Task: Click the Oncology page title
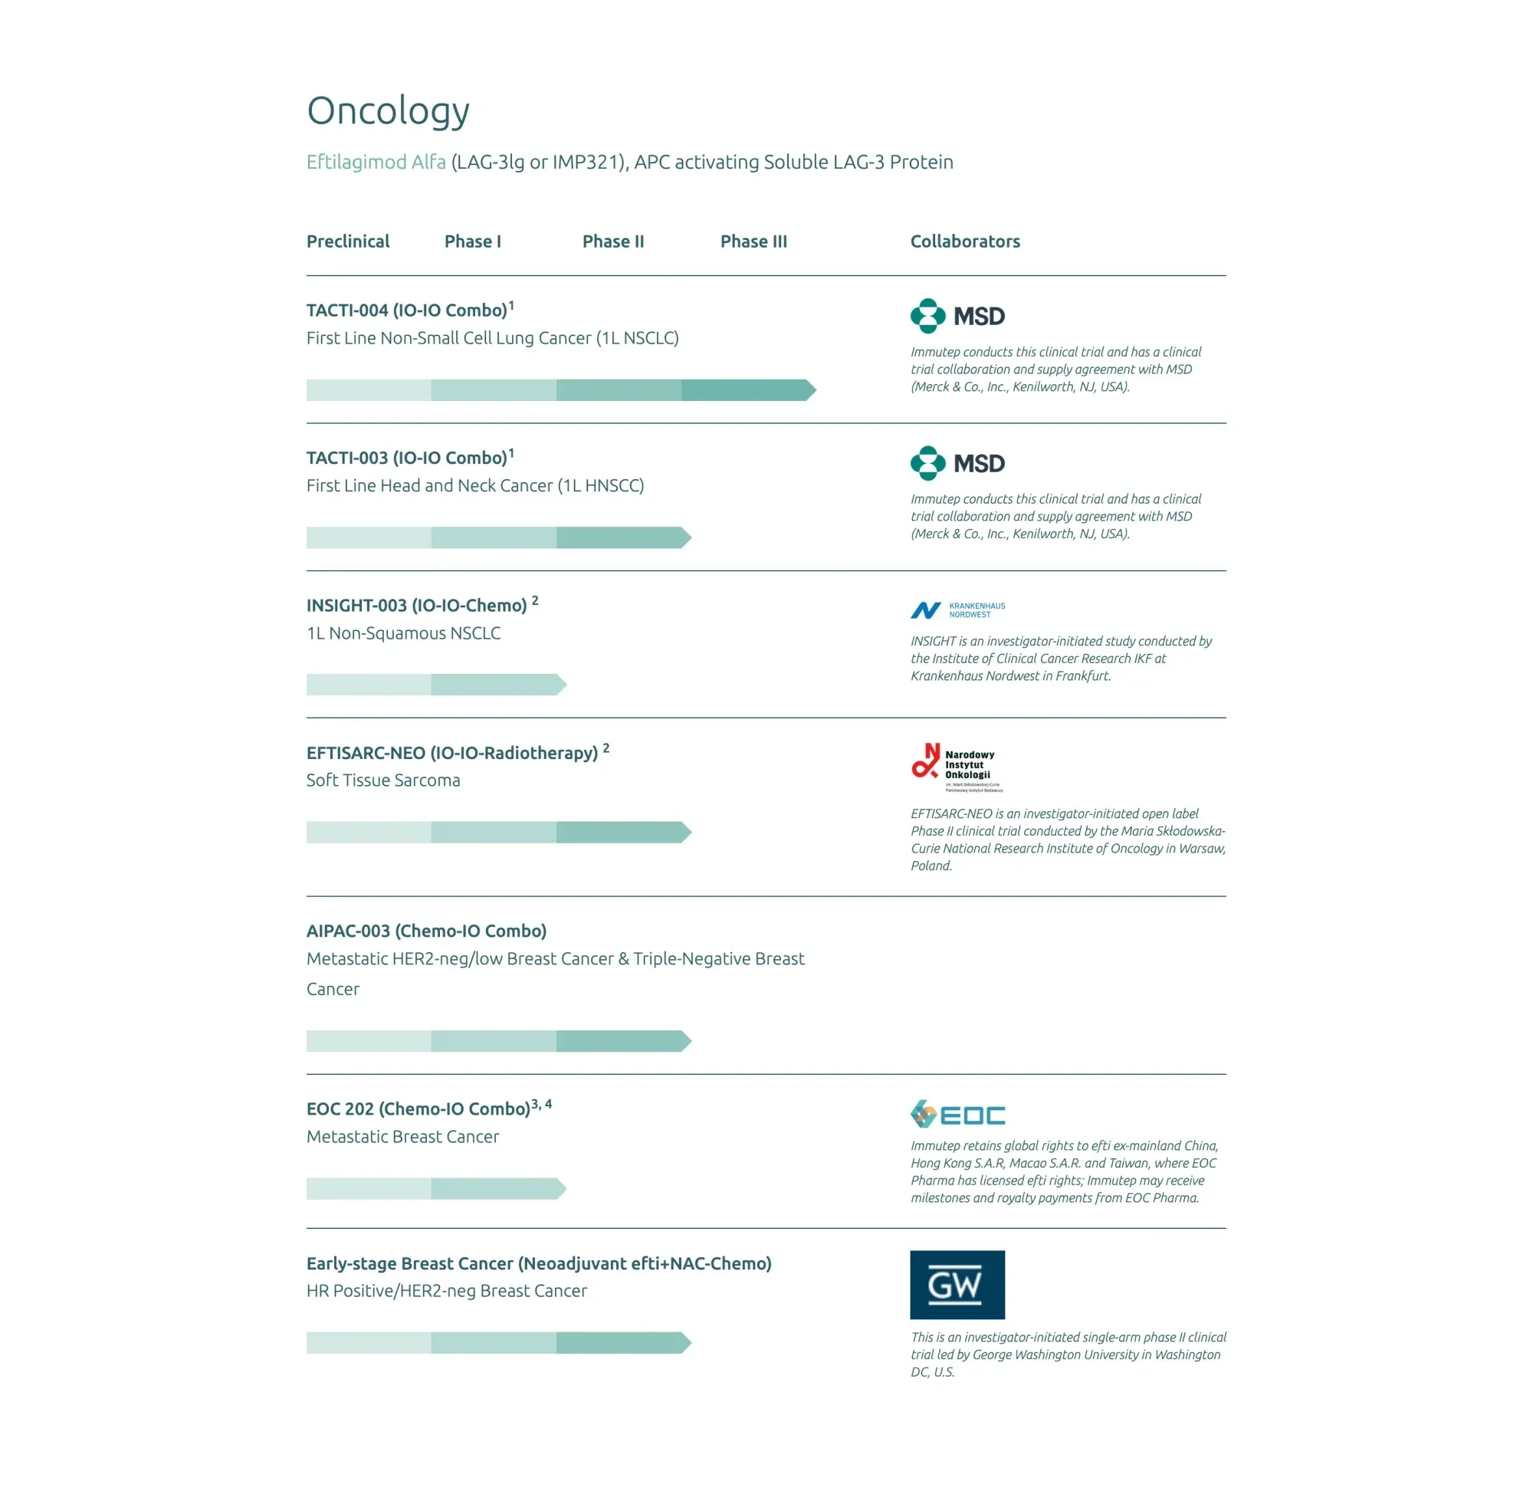point(388,110)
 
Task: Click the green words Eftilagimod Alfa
point(376,162)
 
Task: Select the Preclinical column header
point(348,241)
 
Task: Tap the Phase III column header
point(753,241)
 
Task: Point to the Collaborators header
point(964,241)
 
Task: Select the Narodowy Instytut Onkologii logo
point(957,767)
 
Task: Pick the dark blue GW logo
point(957,1285)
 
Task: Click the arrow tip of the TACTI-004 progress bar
point(811,390)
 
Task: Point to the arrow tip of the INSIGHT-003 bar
point(561,685)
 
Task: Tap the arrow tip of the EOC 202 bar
point(561,1189)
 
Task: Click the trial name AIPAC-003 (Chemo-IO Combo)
point(426,931)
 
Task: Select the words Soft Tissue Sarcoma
point(383,780)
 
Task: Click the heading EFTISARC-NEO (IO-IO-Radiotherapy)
point(451,754)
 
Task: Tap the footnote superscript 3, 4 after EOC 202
point(541,1105)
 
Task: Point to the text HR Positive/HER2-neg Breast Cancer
point(446,1291)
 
